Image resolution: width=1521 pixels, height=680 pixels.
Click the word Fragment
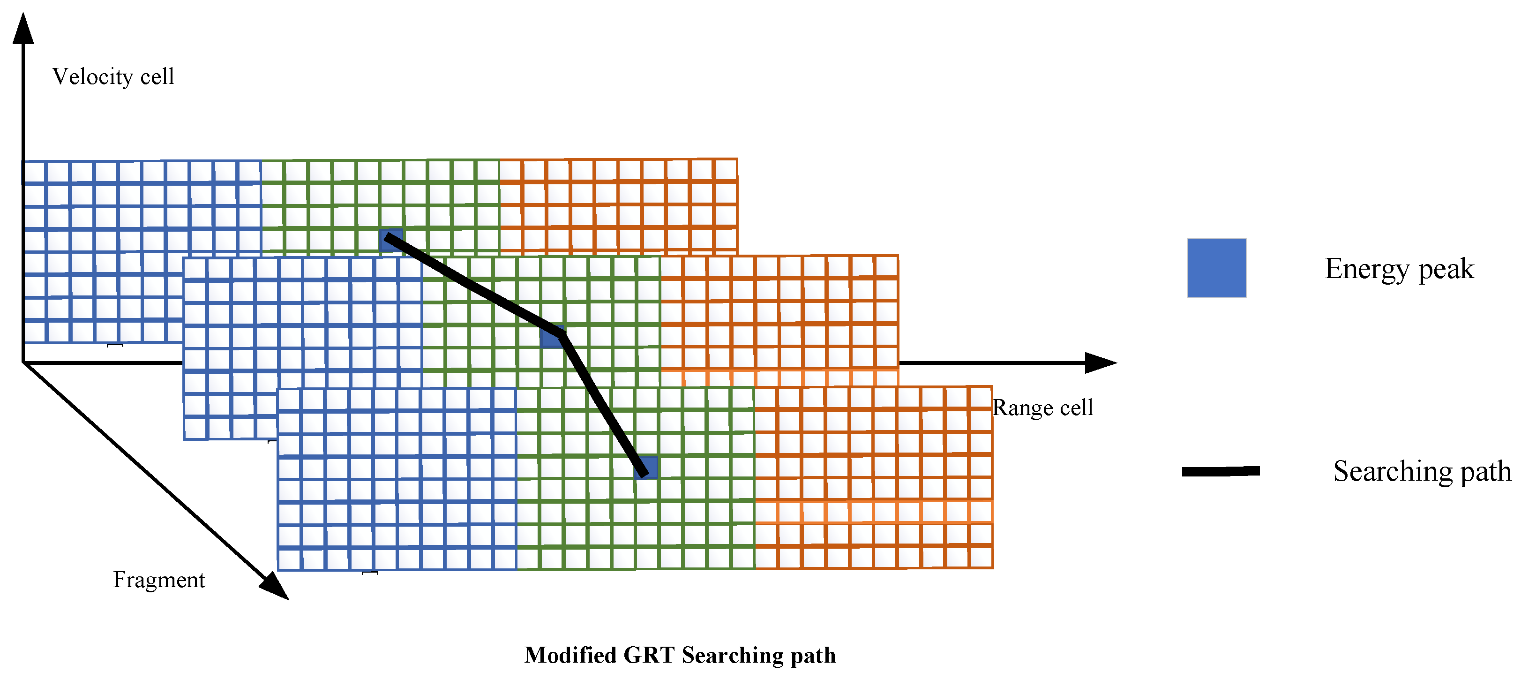[159, 580]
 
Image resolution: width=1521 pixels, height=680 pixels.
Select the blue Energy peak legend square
[1216, 268]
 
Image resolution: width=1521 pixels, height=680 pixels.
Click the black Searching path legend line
[1221, 471]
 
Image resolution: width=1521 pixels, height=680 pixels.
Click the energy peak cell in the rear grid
[391, 240]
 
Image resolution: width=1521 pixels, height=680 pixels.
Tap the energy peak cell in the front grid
[646, 468]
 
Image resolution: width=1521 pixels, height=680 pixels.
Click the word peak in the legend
[1446, 269]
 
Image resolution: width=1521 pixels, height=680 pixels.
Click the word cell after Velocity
[157, 77]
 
